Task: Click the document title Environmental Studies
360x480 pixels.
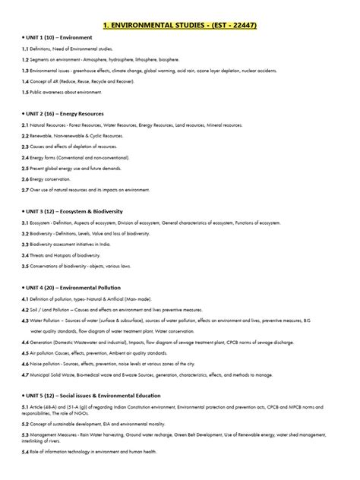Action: (x=180, y=26)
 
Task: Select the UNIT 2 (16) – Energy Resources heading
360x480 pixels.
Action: (x=65, y=112)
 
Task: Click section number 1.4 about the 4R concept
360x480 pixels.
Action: (x=26, y=79)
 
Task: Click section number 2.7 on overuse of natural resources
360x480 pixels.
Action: (x=26, y=188)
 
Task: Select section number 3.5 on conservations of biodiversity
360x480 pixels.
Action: (x=26, y=267)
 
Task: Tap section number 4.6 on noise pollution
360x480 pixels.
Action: (x=26, y=364)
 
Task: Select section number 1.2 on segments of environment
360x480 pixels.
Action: (x=26, y=58)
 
